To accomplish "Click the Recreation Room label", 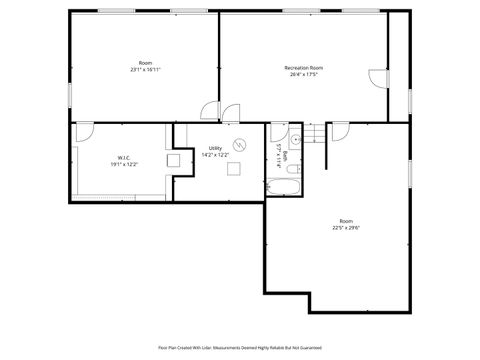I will click(x=303, y=67).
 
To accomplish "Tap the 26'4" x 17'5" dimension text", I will click(x=303, y=74).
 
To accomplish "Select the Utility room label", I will click(x=215, y=148).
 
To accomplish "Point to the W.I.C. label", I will click(x=124, y=157).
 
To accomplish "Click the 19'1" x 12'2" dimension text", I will click(x=124, y=164).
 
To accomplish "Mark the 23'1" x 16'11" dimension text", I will click(x=146, y=70).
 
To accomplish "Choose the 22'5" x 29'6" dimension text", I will click(x=346, y=227).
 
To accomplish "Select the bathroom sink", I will click(x=297, y=139).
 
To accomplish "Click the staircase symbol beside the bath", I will click(x=315, y=132).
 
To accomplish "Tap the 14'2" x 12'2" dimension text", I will click(x=215, y=155).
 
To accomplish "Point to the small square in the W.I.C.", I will click(x=173, y=159).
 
